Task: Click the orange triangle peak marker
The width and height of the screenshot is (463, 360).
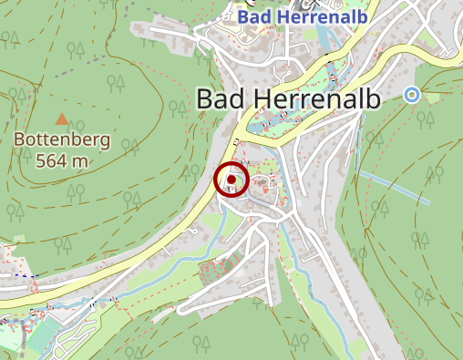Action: tap(62, 118)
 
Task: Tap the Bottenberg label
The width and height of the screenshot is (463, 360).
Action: tap(62, 141)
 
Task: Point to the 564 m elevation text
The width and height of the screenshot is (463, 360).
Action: tap(62, 160)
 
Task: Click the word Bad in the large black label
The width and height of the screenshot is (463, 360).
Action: tap(220, 98)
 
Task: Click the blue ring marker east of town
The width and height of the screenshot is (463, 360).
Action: tap(412, 94)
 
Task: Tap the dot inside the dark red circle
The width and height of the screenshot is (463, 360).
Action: tap(231, 180)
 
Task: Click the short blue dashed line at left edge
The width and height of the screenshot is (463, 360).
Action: tap(20, 273)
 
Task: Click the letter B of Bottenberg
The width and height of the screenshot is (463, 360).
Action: tap(19, 141)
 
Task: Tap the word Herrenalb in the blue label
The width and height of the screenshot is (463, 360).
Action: tap(310, 15)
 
